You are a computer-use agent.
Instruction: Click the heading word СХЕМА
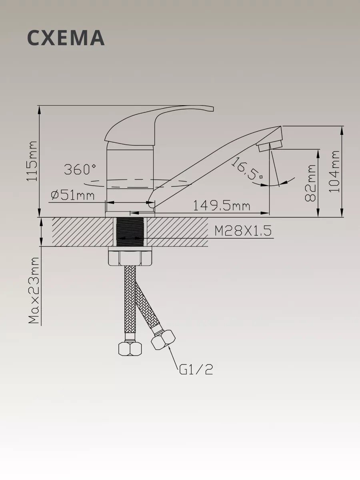66,38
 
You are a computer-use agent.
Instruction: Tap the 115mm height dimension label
32,161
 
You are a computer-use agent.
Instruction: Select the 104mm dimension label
334,172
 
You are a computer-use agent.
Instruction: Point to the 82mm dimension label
310,183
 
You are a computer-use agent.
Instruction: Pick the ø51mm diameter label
72,195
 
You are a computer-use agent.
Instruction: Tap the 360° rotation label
80,169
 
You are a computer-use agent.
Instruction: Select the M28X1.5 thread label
243,230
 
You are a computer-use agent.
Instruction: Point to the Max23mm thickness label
34,290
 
